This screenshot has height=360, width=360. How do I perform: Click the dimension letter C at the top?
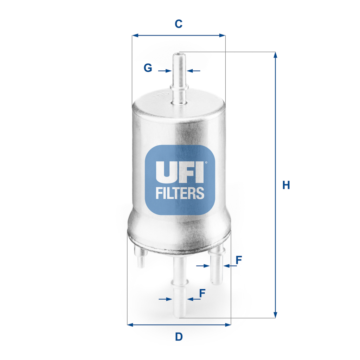179,24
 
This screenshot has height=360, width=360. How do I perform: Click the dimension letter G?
148,68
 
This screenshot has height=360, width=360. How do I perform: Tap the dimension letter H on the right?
286,185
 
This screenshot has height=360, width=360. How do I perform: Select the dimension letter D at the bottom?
179,337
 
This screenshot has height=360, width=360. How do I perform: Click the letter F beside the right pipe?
239,261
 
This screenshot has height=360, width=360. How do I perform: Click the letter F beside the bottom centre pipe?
202,293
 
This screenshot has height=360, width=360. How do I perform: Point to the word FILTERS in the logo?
180,193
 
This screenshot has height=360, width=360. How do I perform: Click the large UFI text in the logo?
179,172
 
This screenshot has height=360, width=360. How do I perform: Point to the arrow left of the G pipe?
165,71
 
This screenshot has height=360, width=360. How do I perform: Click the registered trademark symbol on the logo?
206,162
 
